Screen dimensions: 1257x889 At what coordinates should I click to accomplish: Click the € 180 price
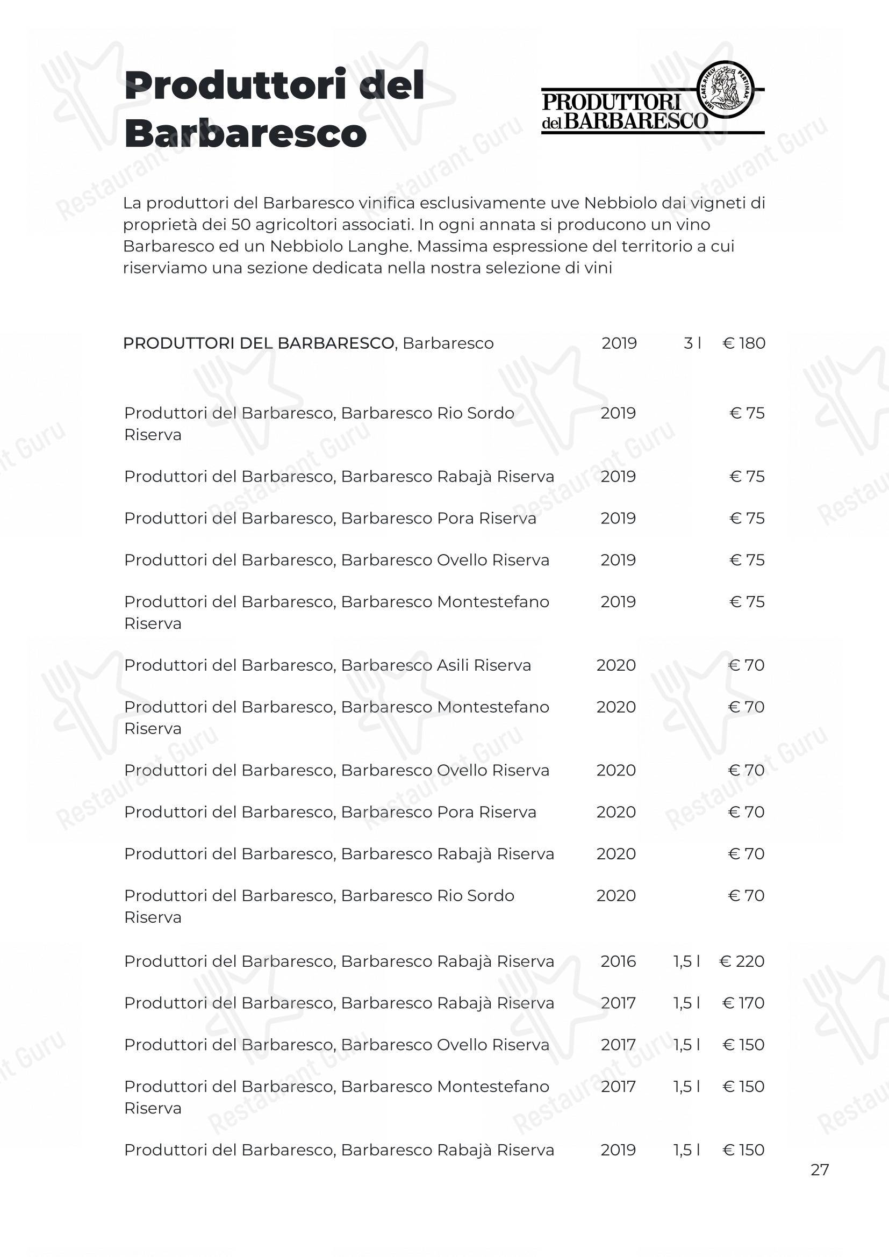[x=744, y=343]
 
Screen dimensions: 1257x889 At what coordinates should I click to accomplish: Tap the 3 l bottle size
[x=692, y=343]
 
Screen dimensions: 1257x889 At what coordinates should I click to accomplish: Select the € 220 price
[x=742, y=961]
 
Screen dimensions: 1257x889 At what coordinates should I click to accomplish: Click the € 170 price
[x=743, y=1003]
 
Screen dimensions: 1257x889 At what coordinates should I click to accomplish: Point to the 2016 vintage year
[x=618, y=961]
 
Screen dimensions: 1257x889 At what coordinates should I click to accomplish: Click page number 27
[x=820, y=1170]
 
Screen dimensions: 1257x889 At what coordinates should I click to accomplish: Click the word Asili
[x=453, y=665]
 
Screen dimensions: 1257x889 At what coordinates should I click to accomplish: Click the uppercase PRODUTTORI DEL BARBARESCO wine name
[x=259, y=343]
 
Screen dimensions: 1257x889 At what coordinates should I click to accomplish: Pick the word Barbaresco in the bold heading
[x=245, y=134]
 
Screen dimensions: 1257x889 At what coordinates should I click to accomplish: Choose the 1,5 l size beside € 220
[x=687, y=961]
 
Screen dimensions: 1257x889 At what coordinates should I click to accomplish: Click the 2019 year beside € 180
[x=619, y=343]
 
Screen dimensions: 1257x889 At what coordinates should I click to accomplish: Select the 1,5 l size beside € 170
[x=687, y=1003]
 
